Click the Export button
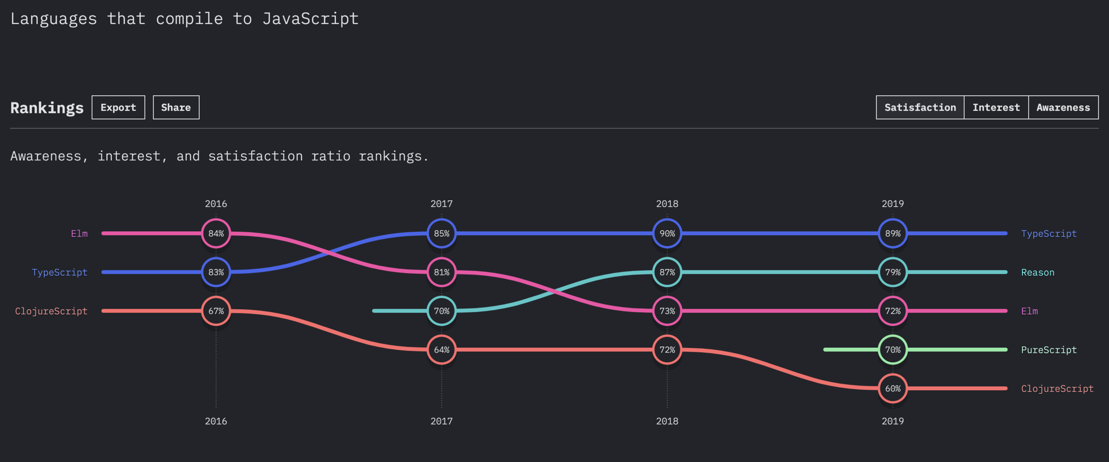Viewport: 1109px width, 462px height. pos(118,107)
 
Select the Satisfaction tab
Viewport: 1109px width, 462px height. pos(920,107)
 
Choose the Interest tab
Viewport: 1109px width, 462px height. pos(996,107)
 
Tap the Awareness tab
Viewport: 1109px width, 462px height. pos(1063,107)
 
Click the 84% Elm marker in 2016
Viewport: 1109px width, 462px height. pos(216,233)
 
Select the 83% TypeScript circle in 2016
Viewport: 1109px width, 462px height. pos(216,272)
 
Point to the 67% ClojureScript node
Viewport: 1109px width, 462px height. pos(216,311)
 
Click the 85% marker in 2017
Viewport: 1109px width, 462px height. pos(441,233)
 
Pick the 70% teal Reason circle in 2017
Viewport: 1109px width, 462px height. pos(441,311)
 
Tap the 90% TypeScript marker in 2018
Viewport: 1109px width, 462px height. pos(667,233)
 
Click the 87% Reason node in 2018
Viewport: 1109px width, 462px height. pos(667,272)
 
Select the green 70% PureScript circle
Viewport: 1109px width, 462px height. pos(893,349)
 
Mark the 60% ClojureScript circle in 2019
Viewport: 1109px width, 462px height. pos(893,388)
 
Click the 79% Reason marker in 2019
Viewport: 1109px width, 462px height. pos(893,272)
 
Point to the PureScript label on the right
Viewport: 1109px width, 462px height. pos(1049,350)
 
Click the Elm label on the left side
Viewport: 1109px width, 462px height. pos(79,233)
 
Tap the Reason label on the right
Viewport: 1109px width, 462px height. pos(1038,272)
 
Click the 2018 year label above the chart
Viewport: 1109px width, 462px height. pos(667,204)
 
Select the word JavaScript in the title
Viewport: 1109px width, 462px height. pos(310,19)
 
